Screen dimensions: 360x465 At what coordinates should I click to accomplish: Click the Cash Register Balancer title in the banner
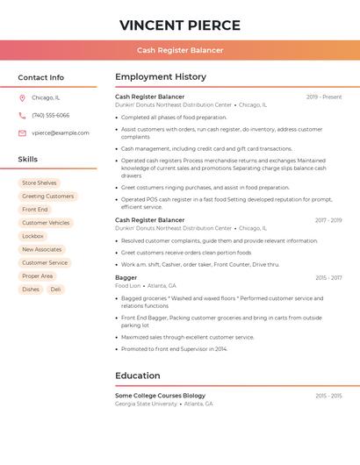pyautogui.click(x=180, y=50)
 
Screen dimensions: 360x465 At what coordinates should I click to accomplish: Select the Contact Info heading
pyautogui.click(x=41, y=77)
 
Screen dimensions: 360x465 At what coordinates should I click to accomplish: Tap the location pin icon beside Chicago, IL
pyautogui.click(x=22, y=98)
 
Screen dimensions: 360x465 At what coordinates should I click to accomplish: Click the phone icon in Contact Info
pyautogui.click(x=22, y=116)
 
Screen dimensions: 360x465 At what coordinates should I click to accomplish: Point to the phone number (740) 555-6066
pyautogui.click(x=50, y=116)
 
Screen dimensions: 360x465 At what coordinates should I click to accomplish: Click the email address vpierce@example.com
pyautogui.click(x=61, y=133)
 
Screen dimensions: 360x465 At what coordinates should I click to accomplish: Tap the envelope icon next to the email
pyautogui.click(x=22, y=133)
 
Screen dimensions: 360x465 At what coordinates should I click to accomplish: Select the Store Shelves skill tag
pyautogui.click(x=40, y=183)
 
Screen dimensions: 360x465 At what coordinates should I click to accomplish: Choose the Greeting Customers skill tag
pyautogui.click(x=48, y=197)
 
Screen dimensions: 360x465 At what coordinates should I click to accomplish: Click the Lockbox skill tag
pyautogui.click(x=33, y=236)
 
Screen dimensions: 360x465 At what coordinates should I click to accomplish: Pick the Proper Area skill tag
pyautogui.click(x=38, y=275)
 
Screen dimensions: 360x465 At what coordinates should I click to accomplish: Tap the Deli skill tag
pyautogui.click(x=55, y=289)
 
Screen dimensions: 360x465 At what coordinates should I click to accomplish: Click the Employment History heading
pyautogui.click(x=161, y=77)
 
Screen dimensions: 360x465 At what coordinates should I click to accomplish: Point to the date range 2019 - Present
pyautogui.click(x=324, y=97)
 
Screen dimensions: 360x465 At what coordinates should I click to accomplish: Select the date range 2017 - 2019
pyautogui.click(x=328, y=220)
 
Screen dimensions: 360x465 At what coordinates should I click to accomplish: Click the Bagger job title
pyautogui.click(x=126, y=277)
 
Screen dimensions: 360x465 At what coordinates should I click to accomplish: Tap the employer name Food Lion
pyautogui.click(x=128, y=285)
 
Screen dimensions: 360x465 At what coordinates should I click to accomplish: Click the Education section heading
pyautogui.click(x=138, y=376)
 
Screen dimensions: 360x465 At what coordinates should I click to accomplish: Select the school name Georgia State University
pyautogui.click(x=146, y=404)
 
